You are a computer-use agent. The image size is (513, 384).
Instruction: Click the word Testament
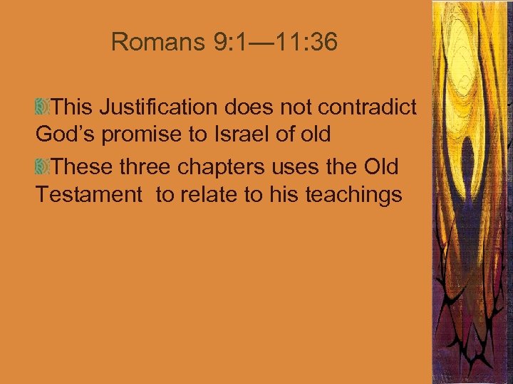89,194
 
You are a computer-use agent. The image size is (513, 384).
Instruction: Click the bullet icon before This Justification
41,108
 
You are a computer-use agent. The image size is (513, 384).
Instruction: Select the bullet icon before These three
41,167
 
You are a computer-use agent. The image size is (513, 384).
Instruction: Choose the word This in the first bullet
73,107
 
